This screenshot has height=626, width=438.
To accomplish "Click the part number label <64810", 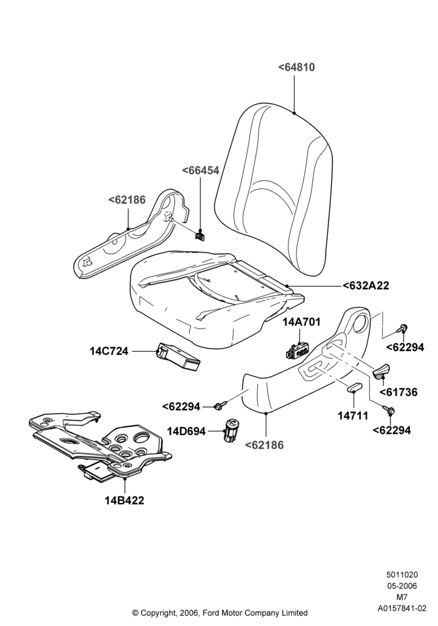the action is pyautogui.click(x=297, y=68).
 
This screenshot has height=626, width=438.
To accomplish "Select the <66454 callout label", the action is pyautogui.click(x=201, y=170).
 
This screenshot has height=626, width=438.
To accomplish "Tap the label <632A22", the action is pyautogui.click(x=366, y=286).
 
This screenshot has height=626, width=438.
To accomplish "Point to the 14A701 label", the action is pyautogui.click(x=302, y=322).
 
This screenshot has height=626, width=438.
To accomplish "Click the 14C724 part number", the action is pyautogui.click(x=109, y=351).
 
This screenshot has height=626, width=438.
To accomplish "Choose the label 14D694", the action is pyautogui.click(x=186, y=431).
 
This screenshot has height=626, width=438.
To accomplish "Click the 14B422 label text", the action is pyautogui.click(x=125, y=500).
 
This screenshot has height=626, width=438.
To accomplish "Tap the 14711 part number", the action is pyautogui.click(x=353, y=416).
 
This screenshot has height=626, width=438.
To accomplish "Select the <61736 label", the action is pyautogui.click(x=399, y=393).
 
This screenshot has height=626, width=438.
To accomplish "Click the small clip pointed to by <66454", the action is pyautogui.click(x=200, y=235).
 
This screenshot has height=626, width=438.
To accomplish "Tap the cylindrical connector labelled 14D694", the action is pyautogui.click(x=230, y=431).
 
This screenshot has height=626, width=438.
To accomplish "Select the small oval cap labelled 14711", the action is pyautogui.click(x=355, y=386).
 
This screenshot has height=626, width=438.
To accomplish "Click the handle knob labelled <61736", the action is pyautogui.click(x=381, y=371).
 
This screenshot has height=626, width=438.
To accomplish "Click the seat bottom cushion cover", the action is pyautogui.click(x=215, y=295).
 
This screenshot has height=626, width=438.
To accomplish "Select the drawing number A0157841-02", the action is pyautogui.click(x=402, y=608).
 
